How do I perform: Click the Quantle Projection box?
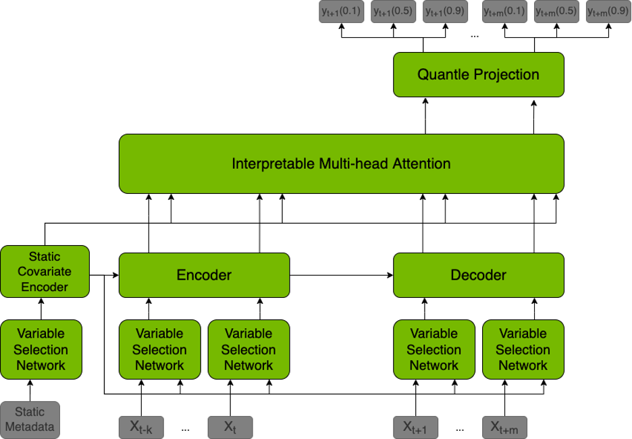(x=478, y=74)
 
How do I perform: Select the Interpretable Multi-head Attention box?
(x=341, y=163)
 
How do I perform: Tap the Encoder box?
(x=204, y=275)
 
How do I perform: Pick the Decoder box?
(x=478, y=275)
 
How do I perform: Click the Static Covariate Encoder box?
(x=45, y=272)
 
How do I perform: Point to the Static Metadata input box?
(x=30, y=419)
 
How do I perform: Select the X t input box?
(x=230, y=427)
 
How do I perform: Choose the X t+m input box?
(x=505, y=427)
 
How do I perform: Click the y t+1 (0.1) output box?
(x=342, y=12)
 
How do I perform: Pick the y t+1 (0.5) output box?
(x=393, y=12)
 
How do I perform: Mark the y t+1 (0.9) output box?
(x=444, y=12)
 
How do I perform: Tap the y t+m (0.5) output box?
(x=556, y=12)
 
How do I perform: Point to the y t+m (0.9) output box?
(x=608, y=12)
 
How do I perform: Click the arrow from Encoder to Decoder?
(x=341, y=276)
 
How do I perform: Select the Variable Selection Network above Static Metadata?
(x=41, y=349)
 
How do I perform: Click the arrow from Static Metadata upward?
(x=30, y=390)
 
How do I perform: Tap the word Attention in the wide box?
(x=419, y=163)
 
